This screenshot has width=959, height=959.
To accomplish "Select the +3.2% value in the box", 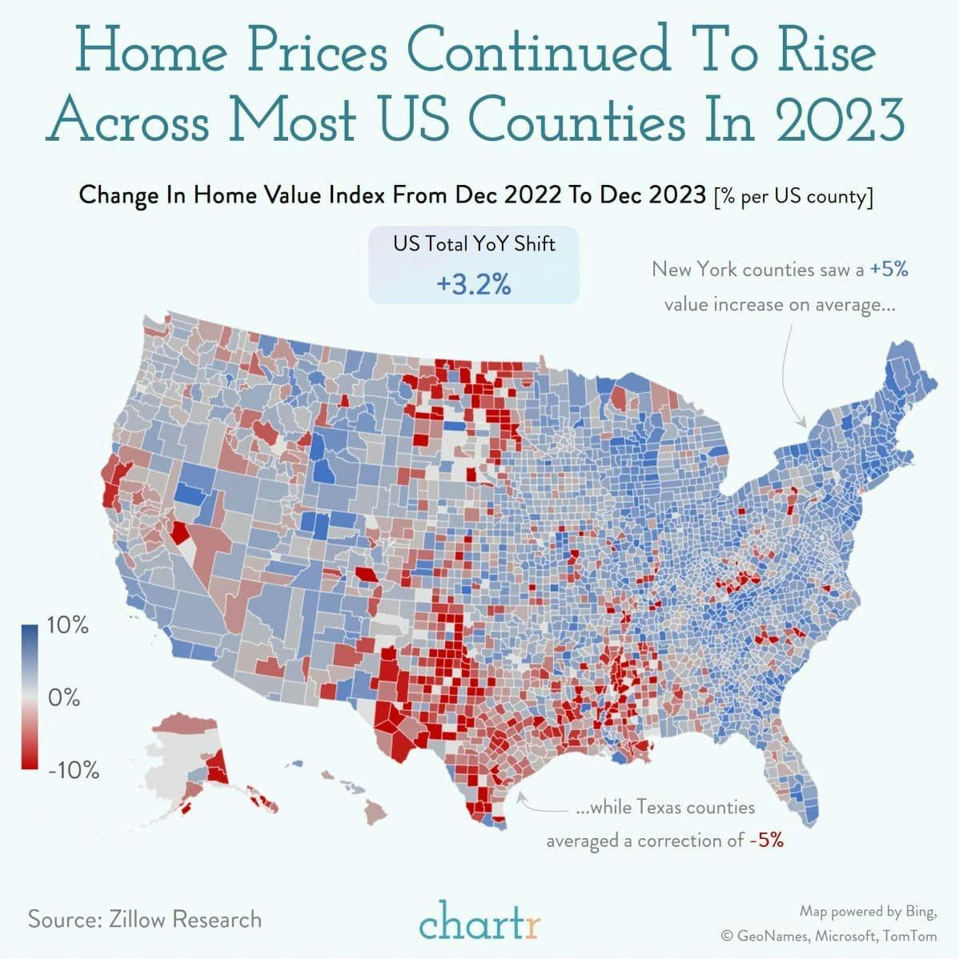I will pos(473,284).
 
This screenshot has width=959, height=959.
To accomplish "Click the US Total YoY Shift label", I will pos(473,243).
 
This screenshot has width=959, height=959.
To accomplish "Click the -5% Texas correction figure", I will pos(766,841).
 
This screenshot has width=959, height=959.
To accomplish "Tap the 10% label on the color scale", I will pos(68,625).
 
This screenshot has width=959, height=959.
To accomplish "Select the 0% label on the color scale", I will pos(63,697).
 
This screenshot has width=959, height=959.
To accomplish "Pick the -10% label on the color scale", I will pos(72,771).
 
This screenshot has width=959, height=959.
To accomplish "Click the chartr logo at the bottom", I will pos(479,920).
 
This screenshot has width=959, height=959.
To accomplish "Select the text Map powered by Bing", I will pos(867,911).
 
